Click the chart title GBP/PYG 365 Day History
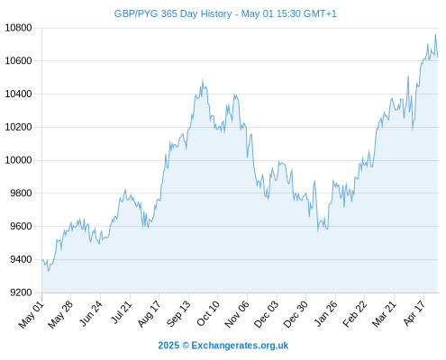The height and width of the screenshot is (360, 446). coord(173,13)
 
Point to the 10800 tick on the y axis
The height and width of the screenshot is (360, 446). coord(18,28)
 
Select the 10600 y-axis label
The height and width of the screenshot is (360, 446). coord(18,61)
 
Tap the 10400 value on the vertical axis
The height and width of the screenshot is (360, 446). coord(18,94)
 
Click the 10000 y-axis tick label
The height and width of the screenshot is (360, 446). coord(18,160)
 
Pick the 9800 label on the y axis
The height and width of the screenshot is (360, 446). coord(21,193)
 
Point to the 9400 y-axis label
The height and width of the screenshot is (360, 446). coord(21,259)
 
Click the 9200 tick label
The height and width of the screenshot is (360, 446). coord(21,292)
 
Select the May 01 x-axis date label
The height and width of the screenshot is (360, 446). coord(32,315)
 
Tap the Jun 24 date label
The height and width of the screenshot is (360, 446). coord(90,314)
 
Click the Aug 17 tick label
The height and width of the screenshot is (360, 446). coord(149,314)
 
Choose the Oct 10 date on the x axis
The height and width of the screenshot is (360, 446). coord(208,314)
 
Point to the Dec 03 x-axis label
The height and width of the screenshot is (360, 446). coord(266,314)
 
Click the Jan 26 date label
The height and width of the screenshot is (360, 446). coord(325,314)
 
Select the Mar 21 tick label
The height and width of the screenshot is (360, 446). coord(384,314)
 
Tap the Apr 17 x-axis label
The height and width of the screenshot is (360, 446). coord(414,313)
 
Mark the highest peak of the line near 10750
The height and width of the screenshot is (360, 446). coord(435,35)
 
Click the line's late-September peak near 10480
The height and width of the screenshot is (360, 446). coord(203,79)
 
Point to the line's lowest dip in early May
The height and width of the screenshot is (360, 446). coord(49,271)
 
